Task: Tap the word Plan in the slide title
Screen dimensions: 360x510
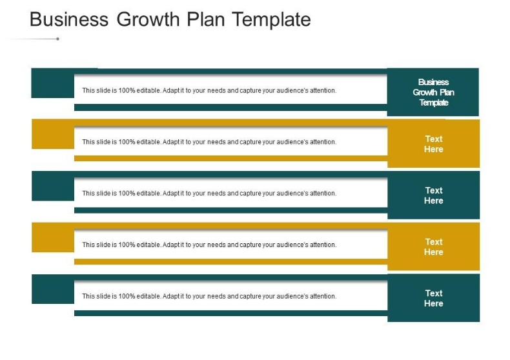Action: (x=207, y=19)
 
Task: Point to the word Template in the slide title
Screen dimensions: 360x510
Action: (x=272, y=19)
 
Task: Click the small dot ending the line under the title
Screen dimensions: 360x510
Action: (x=58, y=39)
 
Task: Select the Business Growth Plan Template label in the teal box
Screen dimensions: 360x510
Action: (x=433, y=92)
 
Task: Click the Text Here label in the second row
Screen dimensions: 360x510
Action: (x=433, y=144)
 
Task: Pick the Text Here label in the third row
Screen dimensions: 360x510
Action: (x=433, y=195)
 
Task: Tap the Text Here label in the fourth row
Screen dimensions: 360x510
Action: (x=433, y=247)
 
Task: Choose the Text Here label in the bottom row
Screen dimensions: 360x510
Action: (x=433, y=298)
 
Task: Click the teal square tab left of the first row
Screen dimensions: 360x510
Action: (x=52, y=83)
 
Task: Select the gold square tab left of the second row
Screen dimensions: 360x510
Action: (x=52, y=134)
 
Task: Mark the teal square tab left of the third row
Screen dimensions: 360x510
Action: (x=52, y=186)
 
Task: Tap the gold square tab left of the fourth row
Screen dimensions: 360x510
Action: (x=52, y=237)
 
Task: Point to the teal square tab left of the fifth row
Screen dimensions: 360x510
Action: (x=52, y=289)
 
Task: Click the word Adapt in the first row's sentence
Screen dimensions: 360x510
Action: (x=171, y=91)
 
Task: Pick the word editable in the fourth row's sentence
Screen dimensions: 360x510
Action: (x=148, y=245)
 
